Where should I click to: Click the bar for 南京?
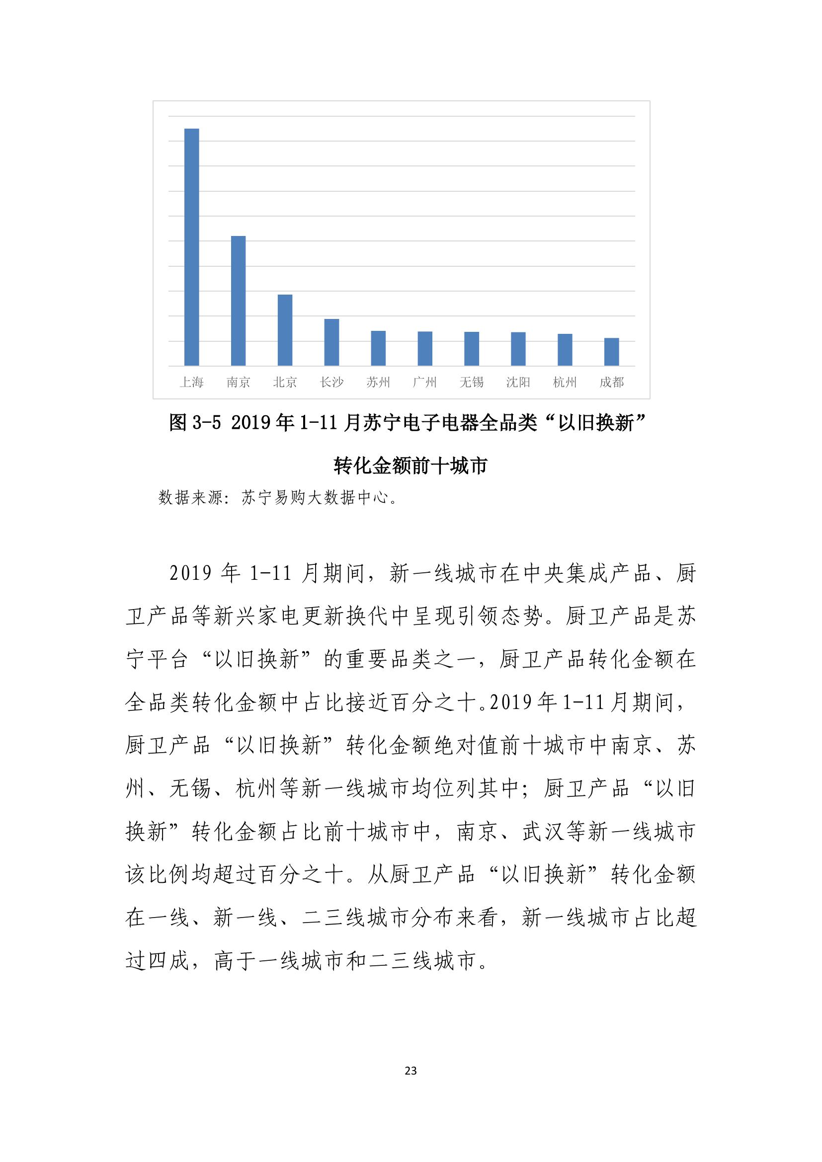(x=238, y=301)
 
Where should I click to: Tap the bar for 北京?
(x=285, y=330)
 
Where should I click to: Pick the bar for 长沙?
(x=331, y=342)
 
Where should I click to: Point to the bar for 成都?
(x=611, y=352)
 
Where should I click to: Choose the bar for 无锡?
(x=471, y=349)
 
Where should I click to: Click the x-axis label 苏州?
(x=378, y=383)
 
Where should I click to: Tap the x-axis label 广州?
(x=424, y=383)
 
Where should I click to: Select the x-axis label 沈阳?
(x=518, y=383)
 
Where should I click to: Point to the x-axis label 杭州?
(x=565, y=383)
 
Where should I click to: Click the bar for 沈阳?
(x=518, y=349)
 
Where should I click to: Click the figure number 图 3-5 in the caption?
(x=195, y=423)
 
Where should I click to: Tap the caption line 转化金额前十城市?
(x=410, y=465)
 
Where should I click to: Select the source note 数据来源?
(x=190, y=498)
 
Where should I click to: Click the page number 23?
(x=411, y=1071)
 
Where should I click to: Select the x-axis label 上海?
(x=191, y=383)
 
